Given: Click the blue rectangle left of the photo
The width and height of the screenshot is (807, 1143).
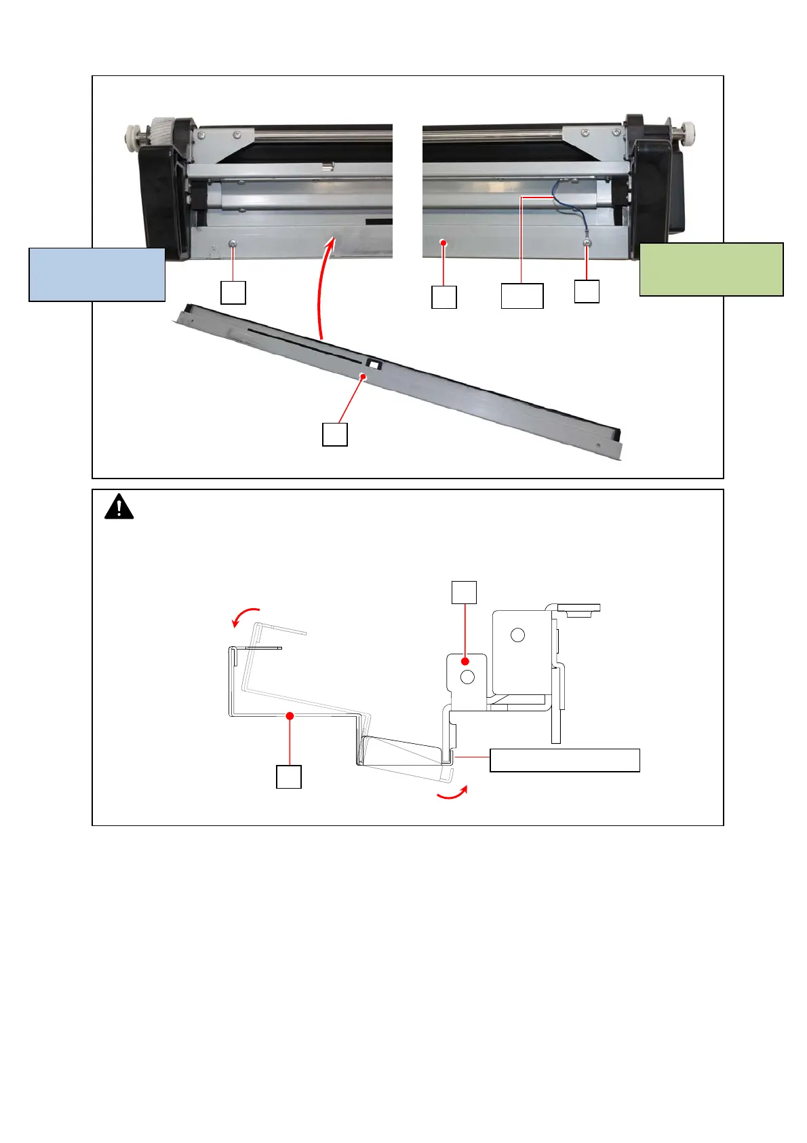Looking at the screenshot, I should pyautogui.click(x=97, y=274).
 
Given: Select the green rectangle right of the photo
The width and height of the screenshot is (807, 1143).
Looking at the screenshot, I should pyautogui.click(x=711, y=269).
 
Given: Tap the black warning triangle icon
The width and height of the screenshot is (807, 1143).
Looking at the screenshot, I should pyautogui.click(x=119, y=506).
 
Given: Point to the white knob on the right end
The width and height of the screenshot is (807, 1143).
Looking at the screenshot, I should pyautogui.click(x=690, y=129).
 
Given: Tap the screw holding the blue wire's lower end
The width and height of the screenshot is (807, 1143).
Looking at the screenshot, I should pyautogui.click(x=587, y=242).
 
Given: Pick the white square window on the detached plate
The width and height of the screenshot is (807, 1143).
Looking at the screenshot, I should pyautogui.click(x=374, y=364).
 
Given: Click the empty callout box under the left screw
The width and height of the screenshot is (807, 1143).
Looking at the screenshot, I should pyautogui.click(x=233, y=293).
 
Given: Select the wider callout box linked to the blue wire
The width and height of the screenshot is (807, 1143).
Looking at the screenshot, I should pyautogui.click(x=521, y=296).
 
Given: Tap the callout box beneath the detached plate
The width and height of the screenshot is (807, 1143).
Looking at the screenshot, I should pyautogui.click(x=334, y=434).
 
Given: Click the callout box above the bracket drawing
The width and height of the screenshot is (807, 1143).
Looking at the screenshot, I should pyautogui.click(x=464, y=592).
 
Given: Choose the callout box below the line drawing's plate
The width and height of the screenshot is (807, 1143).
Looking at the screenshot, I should pyautogui.click(x=288, y=776).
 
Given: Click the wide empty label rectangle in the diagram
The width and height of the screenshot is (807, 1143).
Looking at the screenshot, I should pyautogui.click(x=564, y=760).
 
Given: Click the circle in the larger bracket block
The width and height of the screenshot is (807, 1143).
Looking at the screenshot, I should pyautogui.click(x=517, y=635).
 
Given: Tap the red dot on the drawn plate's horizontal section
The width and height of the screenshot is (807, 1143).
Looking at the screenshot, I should pyautogui.click(x=290, y=715).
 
